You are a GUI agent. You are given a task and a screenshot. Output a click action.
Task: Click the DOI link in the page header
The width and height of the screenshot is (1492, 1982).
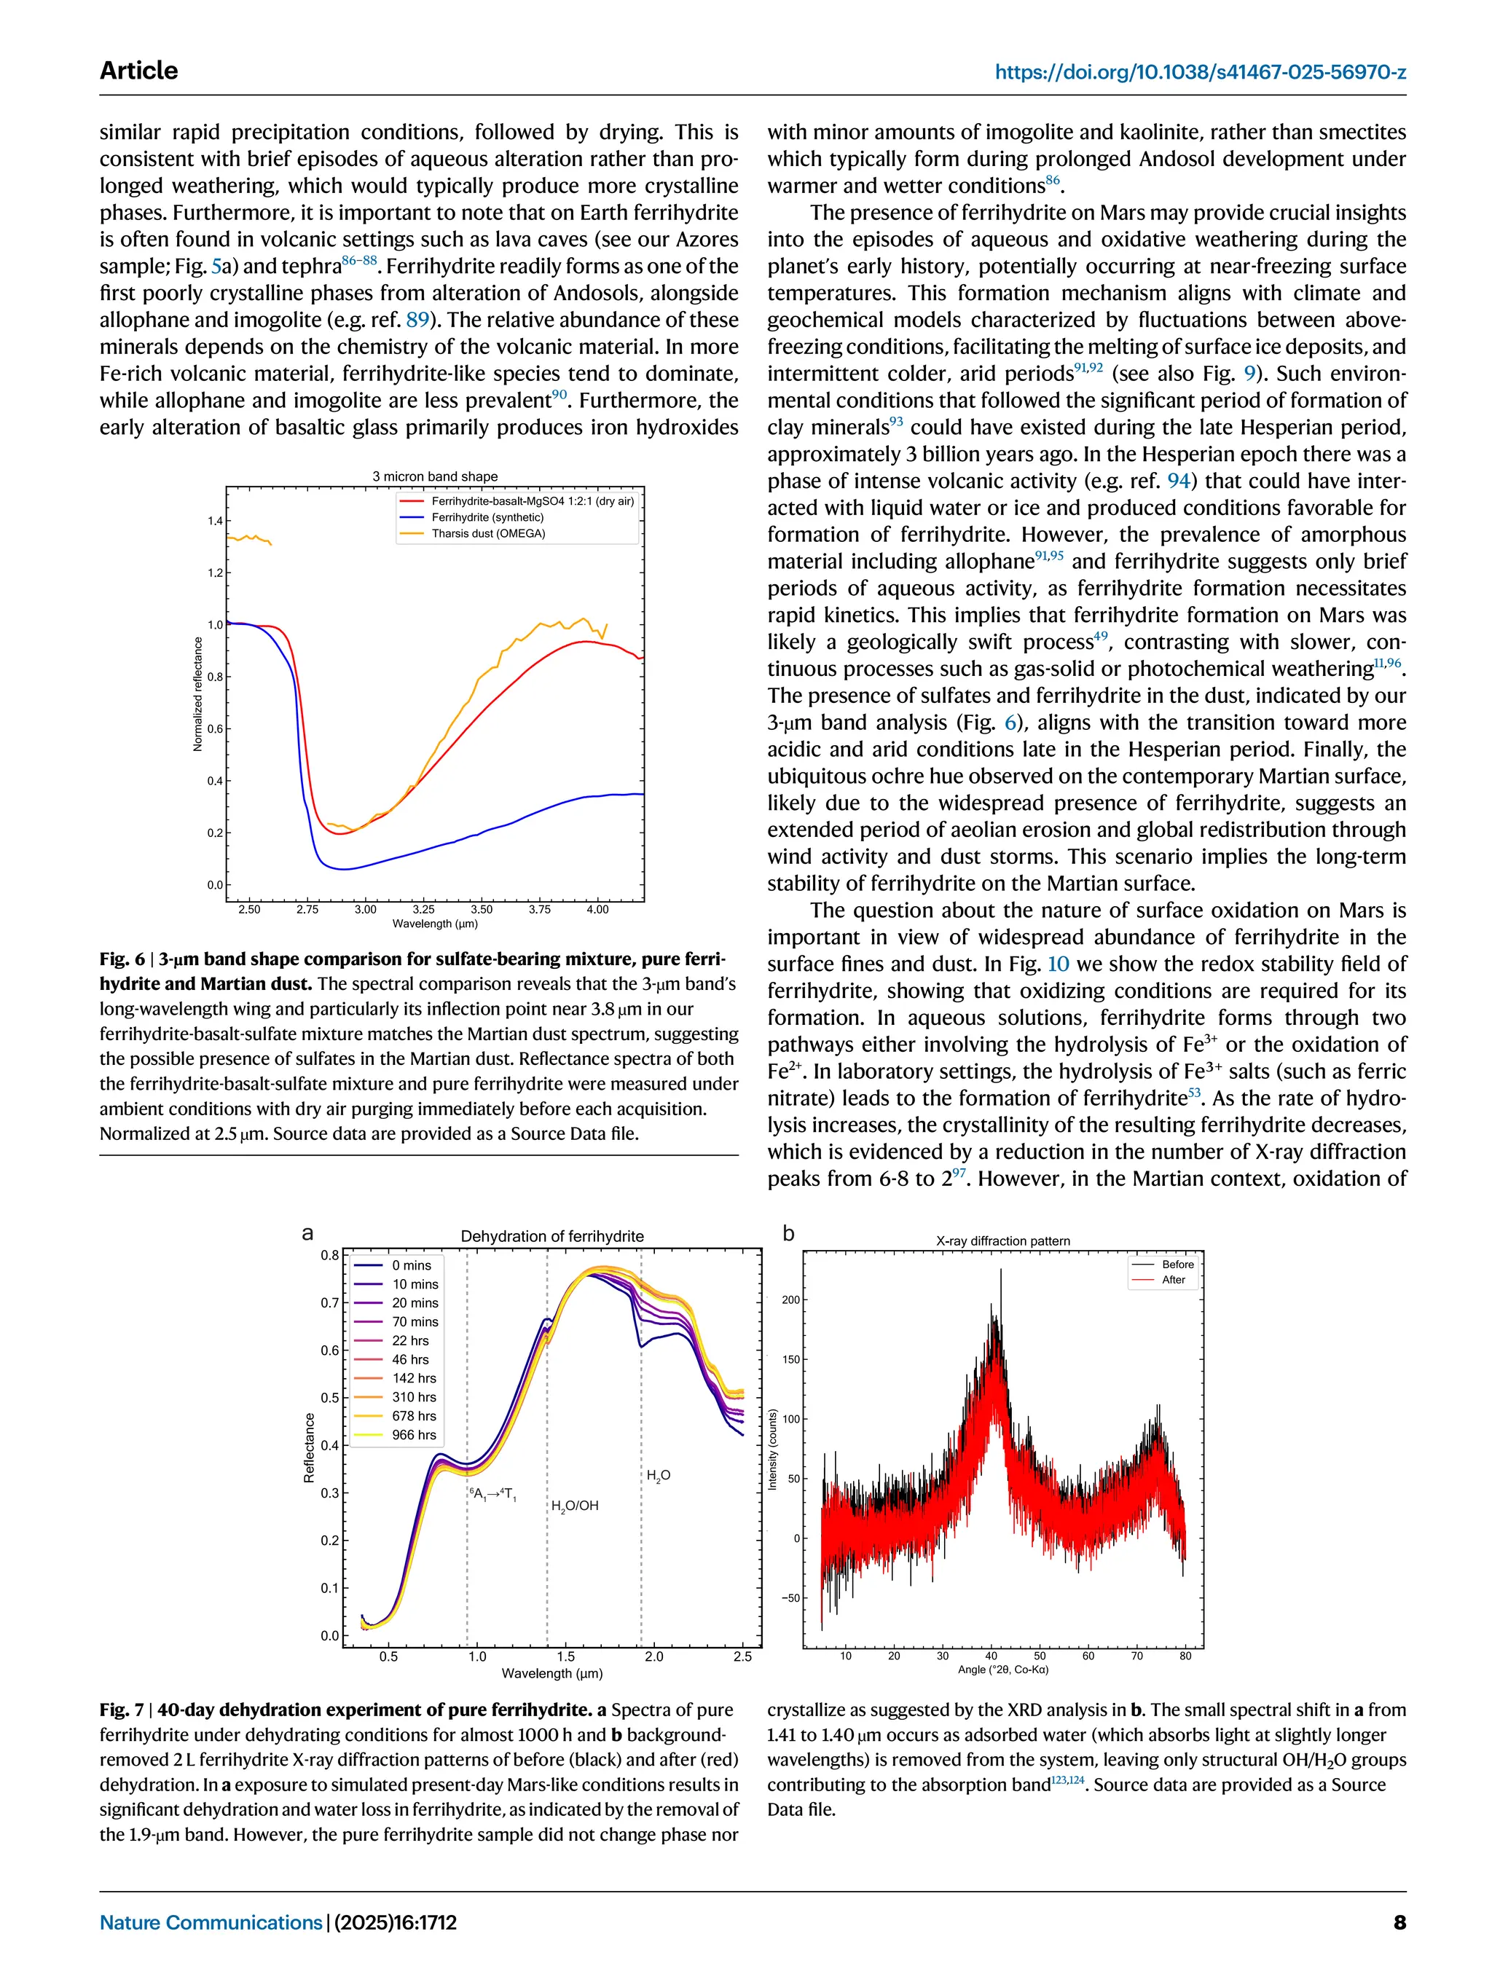point(1200,71)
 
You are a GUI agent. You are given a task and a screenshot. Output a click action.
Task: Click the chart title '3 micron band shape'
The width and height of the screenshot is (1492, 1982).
point(435,476)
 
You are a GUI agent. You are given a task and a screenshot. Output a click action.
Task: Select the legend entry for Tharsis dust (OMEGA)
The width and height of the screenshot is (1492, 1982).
point(487,534)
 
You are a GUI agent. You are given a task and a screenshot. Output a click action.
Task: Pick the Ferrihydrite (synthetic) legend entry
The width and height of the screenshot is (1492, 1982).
point(487,518)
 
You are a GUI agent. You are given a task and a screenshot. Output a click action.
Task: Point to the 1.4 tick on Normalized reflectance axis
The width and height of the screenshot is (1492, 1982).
point(215,521)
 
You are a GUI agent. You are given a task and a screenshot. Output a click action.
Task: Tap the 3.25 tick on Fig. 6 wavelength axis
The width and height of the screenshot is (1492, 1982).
point(423,910)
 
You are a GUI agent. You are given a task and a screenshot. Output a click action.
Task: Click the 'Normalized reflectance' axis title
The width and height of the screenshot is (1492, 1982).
point(198,694)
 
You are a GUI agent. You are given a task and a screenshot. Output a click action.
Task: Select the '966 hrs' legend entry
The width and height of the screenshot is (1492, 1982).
point(413,1436)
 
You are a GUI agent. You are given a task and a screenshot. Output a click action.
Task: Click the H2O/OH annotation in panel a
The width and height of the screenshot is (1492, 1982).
point(574,1506)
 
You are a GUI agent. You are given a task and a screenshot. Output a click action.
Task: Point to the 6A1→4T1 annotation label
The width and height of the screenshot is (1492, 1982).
point(493,1494)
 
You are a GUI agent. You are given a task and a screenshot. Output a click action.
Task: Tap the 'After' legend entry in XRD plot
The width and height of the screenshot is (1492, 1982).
point(1173,1280)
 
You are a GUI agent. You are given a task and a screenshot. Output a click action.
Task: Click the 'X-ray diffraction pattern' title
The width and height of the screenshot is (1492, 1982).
point(1002,1241)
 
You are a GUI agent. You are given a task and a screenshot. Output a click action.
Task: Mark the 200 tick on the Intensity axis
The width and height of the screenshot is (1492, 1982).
point(790,1299)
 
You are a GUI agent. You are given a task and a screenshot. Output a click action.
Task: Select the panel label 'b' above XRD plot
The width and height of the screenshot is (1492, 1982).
point(788,1233)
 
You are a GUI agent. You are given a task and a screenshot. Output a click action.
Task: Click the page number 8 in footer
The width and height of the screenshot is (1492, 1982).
point(1399,1922)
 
